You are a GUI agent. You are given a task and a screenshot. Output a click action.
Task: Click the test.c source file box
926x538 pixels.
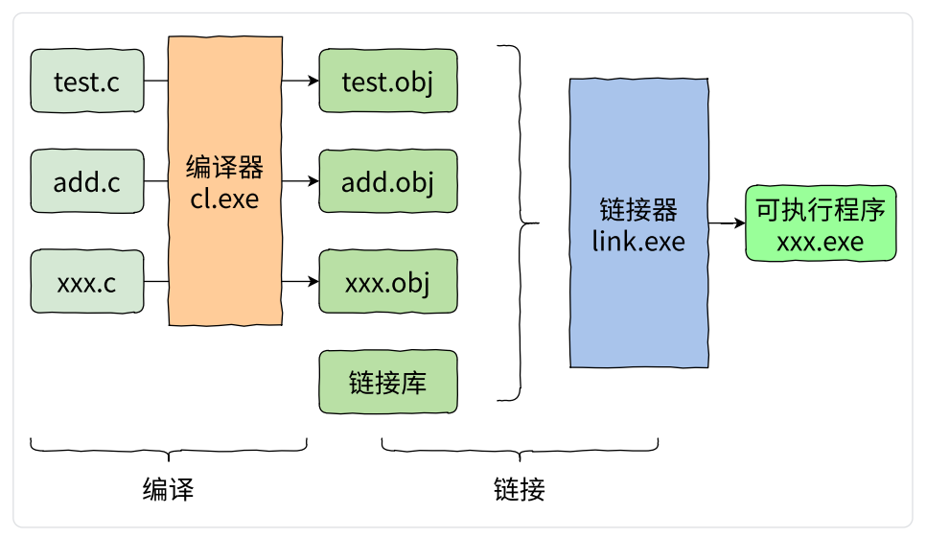coord(87,81)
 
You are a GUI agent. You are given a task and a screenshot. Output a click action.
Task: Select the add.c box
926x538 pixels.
coord(87,181)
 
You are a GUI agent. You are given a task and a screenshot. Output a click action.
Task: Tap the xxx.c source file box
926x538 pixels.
coord(87,282)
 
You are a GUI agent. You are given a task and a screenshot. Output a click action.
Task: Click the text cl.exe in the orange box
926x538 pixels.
coord(224,199)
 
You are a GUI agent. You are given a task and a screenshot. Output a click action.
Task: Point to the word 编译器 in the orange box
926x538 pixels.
coord(224,167)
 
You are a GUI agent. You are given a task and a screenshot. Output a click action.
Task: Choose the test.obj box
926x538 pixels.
coord(388,81)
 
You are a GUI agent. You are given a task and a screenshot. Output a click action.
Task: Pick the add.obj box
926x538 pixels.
coord(388,181)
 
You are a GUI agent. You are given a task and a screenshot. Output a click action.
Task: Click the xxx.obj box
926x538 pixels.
coord(388,282)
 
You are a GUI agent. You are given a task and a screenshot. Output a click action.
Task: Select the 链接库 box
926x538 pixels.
coord(388,382)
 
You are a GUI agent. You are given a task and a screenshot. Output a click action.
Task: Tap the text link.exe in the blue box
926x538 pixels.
coord(638,242)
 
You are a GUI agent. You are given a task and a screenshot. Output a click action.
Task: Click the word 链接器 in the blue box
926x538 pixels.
coord(638,210)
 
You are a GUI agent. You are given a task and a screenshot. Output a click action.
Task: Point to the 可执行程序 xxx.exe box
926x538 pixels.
coord(821,223)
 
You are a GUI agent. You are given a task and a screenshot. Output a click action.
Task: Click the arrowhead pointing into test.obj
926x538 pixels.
coord(313,81)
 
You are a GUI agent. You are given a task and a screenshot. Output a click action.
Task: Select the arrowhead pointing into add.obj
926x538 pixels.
coord(313,181)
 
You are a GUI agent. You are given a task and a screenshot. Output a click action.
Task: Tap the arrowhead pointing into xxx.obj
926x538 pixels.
coord(313,282)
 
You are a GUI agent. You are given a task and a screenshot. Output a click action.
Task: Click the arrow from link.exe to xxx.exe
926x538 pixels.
coord(727,223)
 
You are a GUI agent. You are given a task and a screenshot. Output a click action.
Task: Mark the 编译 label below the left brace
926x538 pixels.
coord(169,490)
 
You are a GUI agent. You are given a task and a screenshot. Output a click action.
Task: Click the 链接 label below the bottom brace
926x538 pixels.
coord(520,490)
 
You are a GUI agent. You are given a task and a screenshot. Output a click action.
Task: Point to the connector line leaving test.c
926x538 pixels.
coord(156,81)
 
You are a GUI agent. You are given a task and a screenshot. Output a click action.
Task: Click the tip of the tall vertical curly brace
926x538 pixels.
coord(539,223)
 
